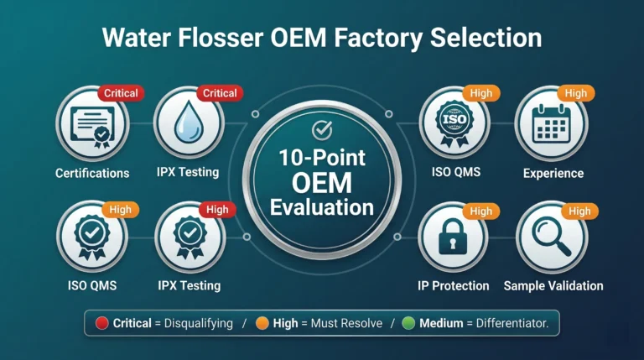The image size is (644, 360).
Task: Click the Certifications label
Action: (92, 174)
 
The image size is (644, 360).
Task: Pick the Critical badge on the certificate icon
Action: (121, 93)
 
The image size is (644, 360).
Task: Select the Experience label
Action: (553, 174)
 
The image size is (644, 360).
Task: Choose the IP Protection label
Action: (453, 286)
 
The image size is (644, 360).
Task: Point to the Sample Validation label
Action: (553, 286)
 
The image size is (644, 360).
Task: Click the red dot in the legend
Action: (102, 323)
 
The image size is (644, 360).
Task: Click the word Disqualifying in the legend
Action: (200, 323)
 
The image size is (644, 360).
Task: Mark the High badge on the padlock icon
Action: (480, 211)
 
